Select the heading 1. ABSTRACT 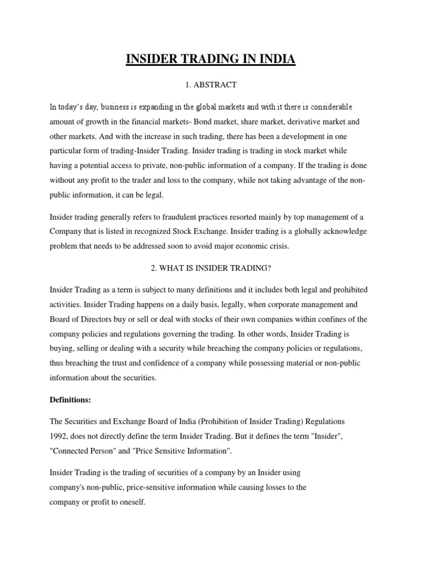pyautogui.click(x=211, y=85)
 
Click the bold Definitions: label pyautogui.click(x=70, y=400)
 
